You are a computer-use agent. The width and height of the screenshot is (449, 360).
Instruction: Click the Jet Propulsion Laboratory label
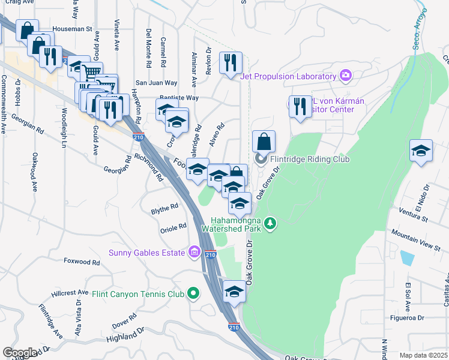pos(288,76)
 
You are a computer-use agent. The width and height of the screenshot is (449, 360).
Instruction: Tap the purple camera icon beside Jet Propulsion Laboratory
pos(345,76)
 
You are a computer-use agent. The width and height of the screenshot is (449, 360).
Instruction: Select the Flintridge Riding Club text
pos(309,159)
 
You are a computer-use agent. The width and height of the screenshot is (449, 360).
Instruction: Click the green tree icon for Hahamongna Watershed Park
pos(271,223)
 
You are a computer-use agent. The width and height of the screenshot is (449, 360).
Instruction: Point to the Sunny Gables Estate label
pos(146,252)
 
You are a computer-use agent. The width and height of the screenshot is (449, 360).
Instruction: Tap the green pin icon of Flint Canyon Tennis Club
pos(193,293)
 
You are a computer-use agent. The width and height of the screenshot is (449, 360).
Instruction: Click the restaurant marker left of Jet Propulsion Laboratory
pos(231,62)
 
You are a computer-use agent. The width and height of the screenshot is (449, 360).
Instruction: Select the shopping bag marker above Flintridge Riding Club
pos(264,142)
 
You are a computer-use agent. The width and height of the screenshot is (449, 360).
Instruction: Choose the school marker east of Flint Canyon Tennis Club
pos(234,292)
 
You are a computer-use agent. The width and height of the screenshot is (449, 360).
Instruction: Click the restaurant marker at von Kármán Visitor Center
pos(300,107)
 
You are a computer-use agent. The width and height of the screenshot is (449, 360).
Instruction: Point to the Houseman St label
pos(71,28)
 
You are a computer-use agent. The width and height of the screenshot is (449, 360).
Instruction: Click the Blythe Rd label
pos(165,206)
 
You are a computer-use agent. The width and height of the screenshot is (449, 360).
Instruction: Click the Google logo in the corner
pos(19,353)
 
